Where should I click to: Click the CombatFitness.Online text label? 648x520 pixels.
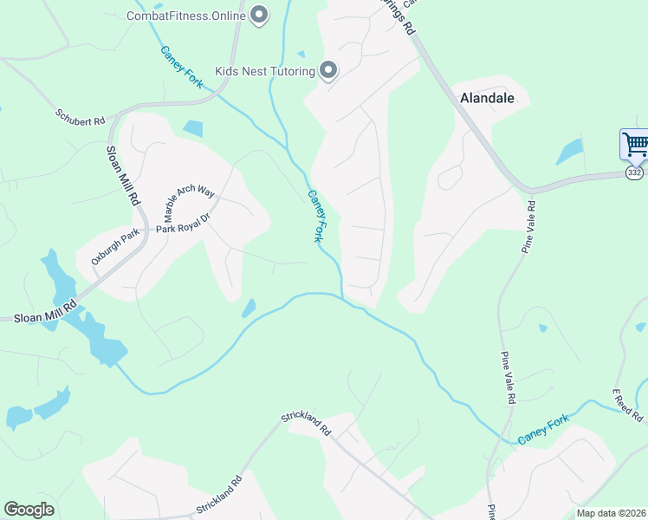tap(185, 16)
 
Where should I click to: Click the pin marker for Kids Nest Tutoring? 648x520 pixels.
tap(328, 70)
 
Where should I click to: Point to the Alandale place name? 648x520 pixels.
tap(488, 98)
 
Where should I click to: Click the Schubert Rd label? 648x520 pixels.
tap(81, 117)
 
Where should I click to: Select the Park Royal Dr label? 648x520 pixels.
tap(184, 224)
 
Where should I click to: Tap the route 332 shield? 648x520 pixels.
tap(635, 173)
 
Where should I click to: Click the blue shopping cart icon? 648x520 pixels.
tap(635, 143)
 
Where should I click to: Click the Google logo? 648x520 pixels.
tap(29, 510)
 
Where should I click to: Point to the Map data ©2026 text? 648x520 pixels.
tap(611, 513)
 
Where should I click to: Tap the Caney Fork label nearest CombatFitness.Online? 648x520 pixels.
tap(182, 65)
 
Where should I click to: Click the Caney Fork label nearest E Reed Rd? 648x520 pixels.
tap(544, 430)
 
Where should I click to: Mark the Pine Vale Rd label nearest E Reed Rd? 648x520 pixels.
tap(508, 379)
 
